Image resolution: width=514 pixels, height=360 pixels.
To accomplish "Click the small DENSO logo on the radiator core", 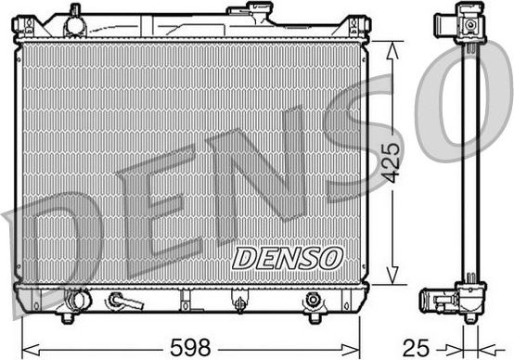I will point(287,257).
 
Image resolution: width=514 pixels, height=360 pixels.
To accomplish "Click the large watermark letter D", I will point(56,251).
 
